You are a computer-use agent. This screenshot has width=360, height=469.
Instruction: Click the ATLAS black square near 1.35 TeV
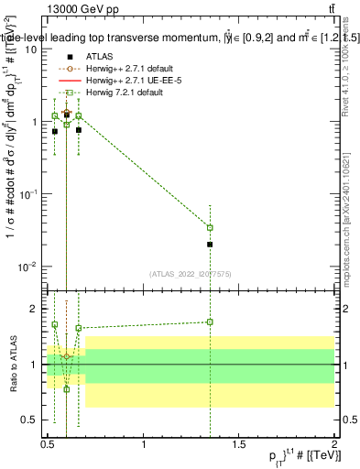[x=211, y=245]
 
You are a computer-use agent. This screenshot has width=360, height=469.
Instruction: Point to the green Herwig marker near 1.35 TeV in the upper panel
[x=211, y=227]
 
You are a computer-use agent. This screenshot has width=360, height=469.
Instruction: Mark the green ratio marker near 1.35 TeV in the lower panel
[x=211, y=322]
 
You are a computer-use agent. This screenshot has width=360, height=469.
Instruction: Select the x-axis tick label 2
[x=334, y=445]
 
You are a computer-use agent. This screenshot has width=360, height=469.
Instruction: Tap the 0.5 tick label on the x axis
[x=48, y=445]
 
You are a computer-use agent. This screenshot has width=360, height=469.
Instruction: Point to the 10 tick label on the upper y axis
[x=30, y=49]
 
